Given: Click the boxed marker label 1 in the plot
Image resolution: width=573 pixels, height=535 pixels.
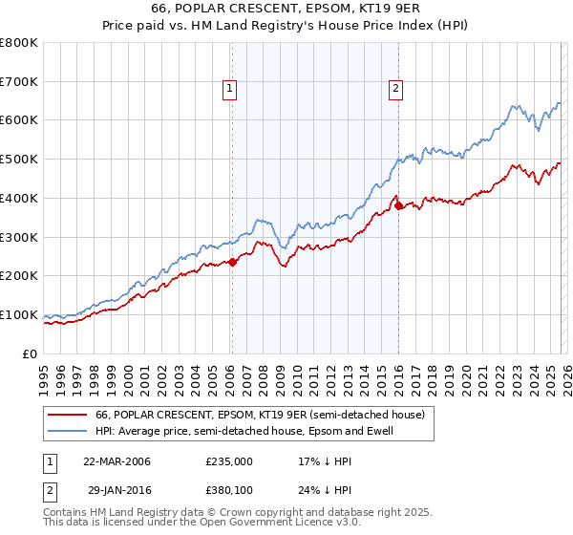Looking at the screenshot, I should tap(231, 89).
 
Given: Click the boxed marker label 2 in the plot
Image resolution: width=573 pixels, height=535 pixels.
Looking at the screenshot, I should tap(395, 89).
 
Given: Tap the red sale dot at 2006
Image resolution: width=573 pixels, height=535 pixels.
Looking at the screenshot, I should tap(231, 262).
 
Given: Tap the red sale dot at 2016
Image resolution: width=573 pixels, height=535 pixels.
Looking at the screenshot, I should tap(398, 205).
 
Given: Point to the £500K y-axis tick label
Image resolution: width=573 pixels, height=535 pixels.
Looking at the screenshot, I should tap(19, 160).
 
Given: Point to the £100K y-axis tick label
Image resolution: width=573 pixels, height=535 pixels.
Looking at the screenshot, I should tap(19, 314).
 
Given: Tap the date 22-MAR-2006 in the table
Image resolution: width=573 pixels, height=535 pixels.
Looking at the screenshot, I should tap(117, 461).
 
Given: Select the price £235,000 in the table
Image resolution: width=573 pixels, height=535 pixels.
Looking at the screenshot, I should tap(229, 461).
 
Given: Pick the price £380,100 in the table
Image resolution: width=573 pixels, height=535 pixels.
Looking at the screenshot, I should tap(229, 490).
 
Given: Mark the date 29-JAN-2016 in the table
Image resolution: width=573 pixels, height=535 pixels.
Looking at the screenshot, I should tap(117, 490).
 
